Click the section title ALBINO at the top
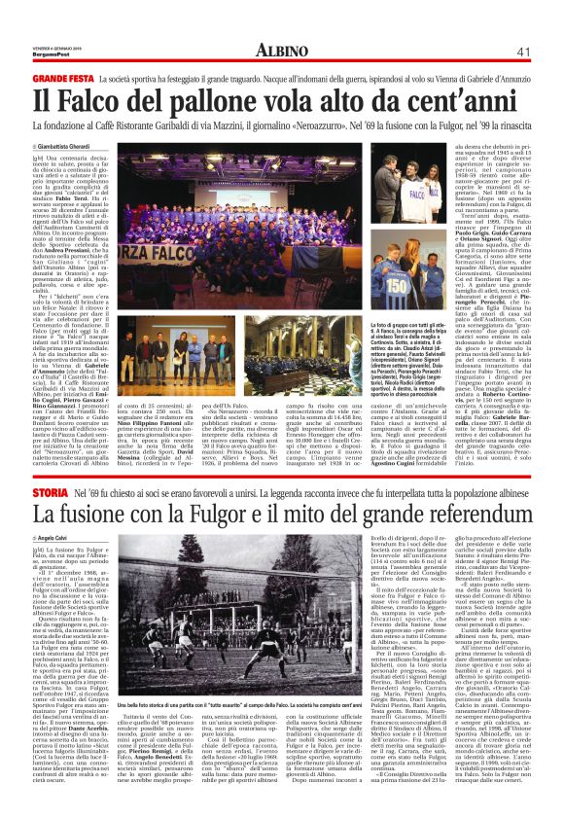(281, 51)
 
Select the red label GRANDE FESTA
(62, 76)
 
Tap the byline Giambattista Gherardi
(70, 145)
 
